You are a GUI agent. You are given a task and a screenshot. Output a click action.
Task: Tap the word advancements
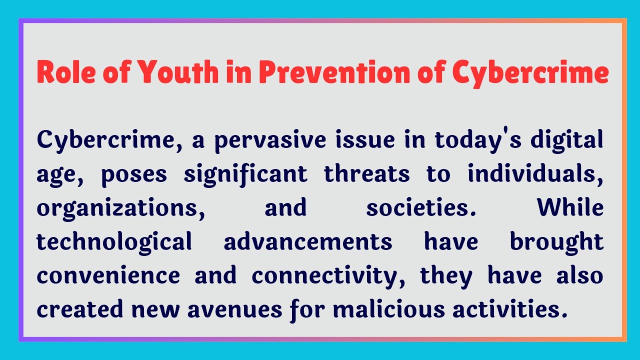tap(308, 242)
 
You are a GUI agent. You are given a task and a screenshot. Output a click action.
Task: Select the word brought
tap(556, 242)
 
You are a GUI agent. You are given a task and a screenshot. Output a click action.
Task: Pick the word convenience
tap(108, 275)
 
